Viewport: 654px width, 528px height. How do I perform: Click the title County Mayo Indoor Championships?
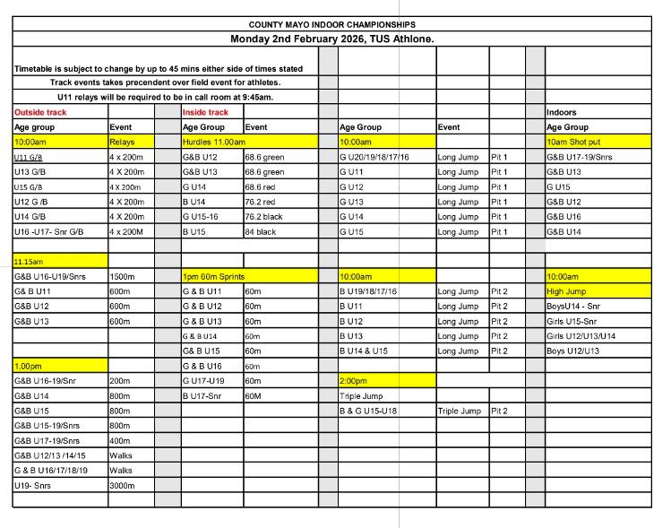(x=332, y=24)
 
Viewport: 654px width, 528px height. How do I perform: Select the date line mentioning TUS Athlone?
(x=332, y=39)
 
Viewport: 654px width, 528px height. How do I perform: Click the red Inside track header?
(x=205, y=112)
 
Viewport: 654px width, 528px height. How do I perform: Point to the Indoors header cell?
(x=561, y=112)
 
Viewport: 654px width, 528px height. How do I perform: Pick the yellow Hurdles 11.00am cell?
(x=214, y=142)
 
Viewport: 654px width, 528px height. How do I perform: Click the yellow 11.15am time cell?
(x=30, y=260)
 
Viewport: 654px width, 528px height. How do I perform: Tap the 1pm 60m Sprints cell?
(x=214, y=276)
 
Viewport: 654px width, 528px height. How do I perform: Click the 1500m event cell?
(x=122, y=276)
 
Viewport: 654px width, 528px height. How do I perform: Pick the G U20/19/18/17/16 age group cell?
(x=374, y=157)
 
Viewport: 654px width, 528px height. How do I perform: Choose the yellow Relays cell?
(x=121, y=142)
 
